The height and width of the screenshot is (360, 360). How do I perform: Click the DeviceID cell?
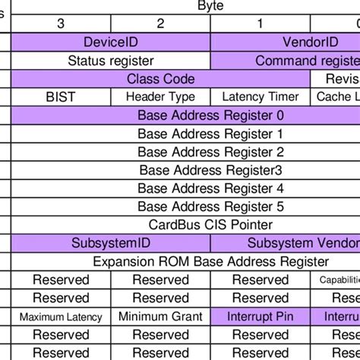(x=110, y=43)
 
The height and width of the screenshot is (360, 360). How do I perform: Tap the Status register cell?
(x=110, y=61)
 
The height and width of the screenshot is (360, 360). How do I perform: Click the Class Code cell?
(x=160, y=79)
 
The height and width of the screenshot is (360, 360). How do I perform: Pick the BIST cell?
(x=61, y=97)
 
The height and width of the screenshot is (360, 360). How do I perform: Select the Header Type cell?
(x=160, y=97)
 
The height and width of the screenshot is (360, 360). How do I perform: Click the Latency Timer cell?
(x=261, y=97)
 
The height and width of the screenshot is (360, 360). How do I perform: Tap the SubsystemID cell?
(x=110, y=243)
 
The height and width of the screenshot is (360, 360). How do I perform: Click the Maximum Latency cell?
(x=61, y=317)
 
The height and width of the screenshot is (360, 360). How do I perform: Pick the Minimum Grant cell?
(x=160, y=317)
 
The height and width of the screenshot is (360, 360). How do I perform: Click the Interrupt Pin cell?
(x=261, y=317)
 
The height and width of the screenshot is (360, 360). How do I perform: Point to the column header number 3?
(x=61, y=24)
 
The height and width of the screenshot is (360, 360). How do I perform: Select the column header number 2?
(x=160, y=24)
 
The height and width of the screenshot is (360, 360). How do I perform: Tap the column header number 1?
(x=261, y=24)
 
